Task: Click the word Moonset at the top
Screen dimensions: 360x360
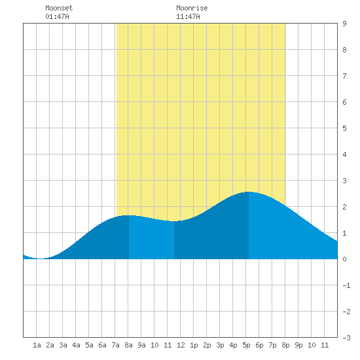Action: [x=59, y=8]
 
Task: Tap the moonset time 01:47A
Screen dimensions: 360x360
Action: [x=57, y=16]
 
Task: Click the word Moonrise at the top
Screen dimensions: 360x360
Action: [x=192, y=8]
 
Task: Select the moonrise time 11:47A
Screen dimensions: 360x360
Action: [x=188, y=16]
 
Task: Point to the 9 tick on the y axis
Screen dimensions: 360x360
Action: [x=344, y=24]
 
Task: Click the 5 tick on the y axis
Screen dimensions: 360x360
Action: [x=344, y=128]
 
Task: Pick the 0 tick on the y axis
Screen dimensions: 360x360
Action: [x=344, y=259]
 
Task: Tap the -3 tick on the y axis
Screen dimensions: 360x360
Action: [x=346, y=338]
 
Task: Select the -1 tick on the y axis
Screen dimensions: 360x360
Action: [x=346, y=285]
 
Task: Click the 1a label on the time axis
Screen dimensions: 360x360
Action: [x=37, y=345]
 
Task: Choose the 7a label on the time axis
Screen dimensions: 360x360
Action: [x=115, y=345]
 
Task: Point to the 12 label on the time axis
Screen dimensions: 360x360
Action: [x=181, y=345]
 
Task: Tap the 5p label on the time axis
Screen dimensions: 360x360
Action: [x=246, y=345]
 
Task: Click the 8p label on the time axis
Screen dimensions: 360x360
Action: [x=285, y=345]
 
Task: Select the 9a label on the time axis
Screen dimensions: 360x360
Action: [x=141, y=345]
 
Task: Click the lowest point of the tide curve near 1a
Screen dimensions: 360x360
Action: [x=40, y=259]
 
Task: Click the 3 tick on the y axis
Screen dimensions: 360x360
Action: [x=344, y=181]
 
